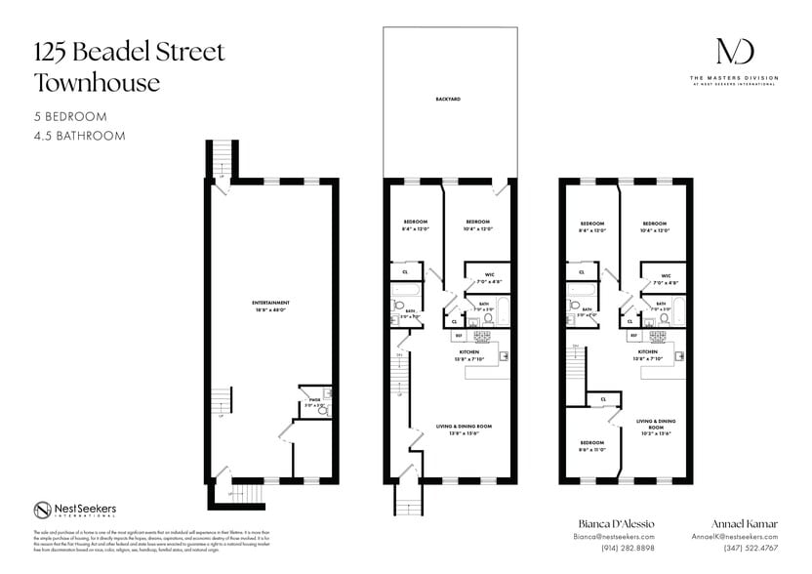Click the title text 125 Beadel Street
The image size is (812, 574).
tap(130, 52)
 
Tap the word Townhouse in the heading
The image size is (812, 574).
tap(97, 83)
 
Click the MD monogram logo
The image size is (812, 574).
tap(734, 52)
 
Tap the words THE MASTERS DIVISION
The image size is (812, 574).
tap(734, 77)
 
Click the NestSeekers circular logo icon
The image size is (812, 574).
tap(43, 510)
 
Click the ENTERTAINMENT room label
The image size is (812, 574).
tap(269, 303)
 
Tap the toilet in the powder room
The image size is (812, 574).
tap(323, 411)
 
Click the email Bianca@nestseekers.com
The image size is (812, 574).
tap(612, 537)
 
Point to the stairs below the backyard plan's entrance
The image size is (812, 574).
tap(407, 500)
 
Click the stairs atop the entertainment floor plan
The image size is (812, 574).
tap(223, 156)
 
